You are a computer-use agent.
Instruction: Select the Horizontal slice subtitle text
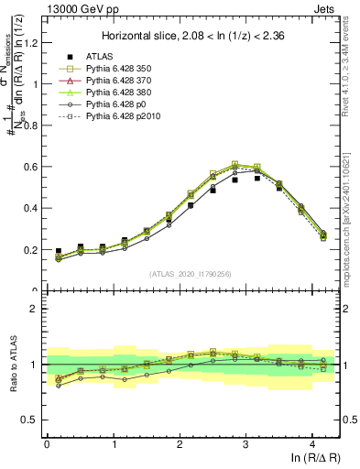coord(192,37)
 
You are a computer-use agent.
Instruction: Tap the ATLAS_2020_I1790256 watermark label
coord(191,273)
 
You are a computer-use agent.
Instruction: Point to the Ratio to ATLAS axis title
coord(13,376)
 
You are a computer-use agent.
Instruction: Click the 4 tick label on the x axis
coord(312,443)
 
